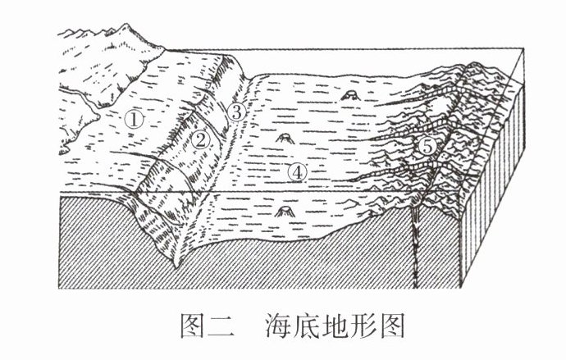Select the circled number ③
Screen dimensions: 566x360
coord(236,112)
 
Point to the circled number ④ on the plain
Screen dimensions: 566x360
coord(298,172)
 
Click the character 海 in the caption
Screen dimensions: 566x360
coord(279,326)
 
